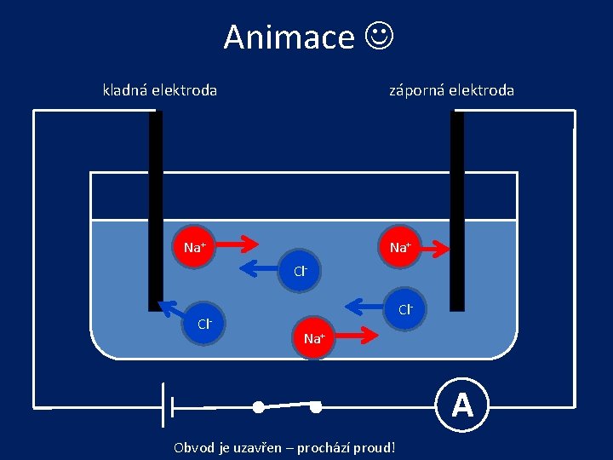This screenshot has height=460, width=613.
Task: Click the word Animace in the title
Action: tap(289, 37)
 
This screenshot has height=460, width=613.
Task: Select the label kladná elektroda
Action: tap(160, 89)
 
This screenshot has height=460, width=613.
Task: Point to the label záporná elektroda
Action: tap(451, 89)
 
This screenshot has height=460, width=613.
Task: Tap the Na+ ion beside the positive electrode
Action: tap(195, 247)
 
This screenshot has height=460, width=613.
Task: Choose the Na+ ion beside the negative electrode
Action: tap(399, 247)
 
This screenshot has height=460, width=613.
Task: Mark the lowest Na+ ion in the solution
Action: tap(313, 337)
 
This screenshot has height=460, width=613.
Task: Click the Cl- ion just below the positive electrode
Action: tap(203, 324)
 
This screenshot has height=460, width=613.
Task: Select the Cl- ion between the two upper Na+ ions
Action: tap(300, 272)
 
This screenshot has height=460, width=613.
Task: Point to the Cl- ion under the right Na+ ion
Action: tap(405, 308)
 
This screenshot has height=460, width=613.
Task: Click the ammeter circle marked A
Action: tap(462, 404)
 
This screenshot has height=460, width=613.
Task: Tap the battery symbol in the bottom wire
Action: tap(168, 405)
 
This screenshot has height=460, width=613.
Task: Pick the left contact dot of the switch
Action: tap(258, 407)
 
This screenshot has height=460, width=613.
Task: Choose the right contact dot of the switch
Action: tap(315, 407)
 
